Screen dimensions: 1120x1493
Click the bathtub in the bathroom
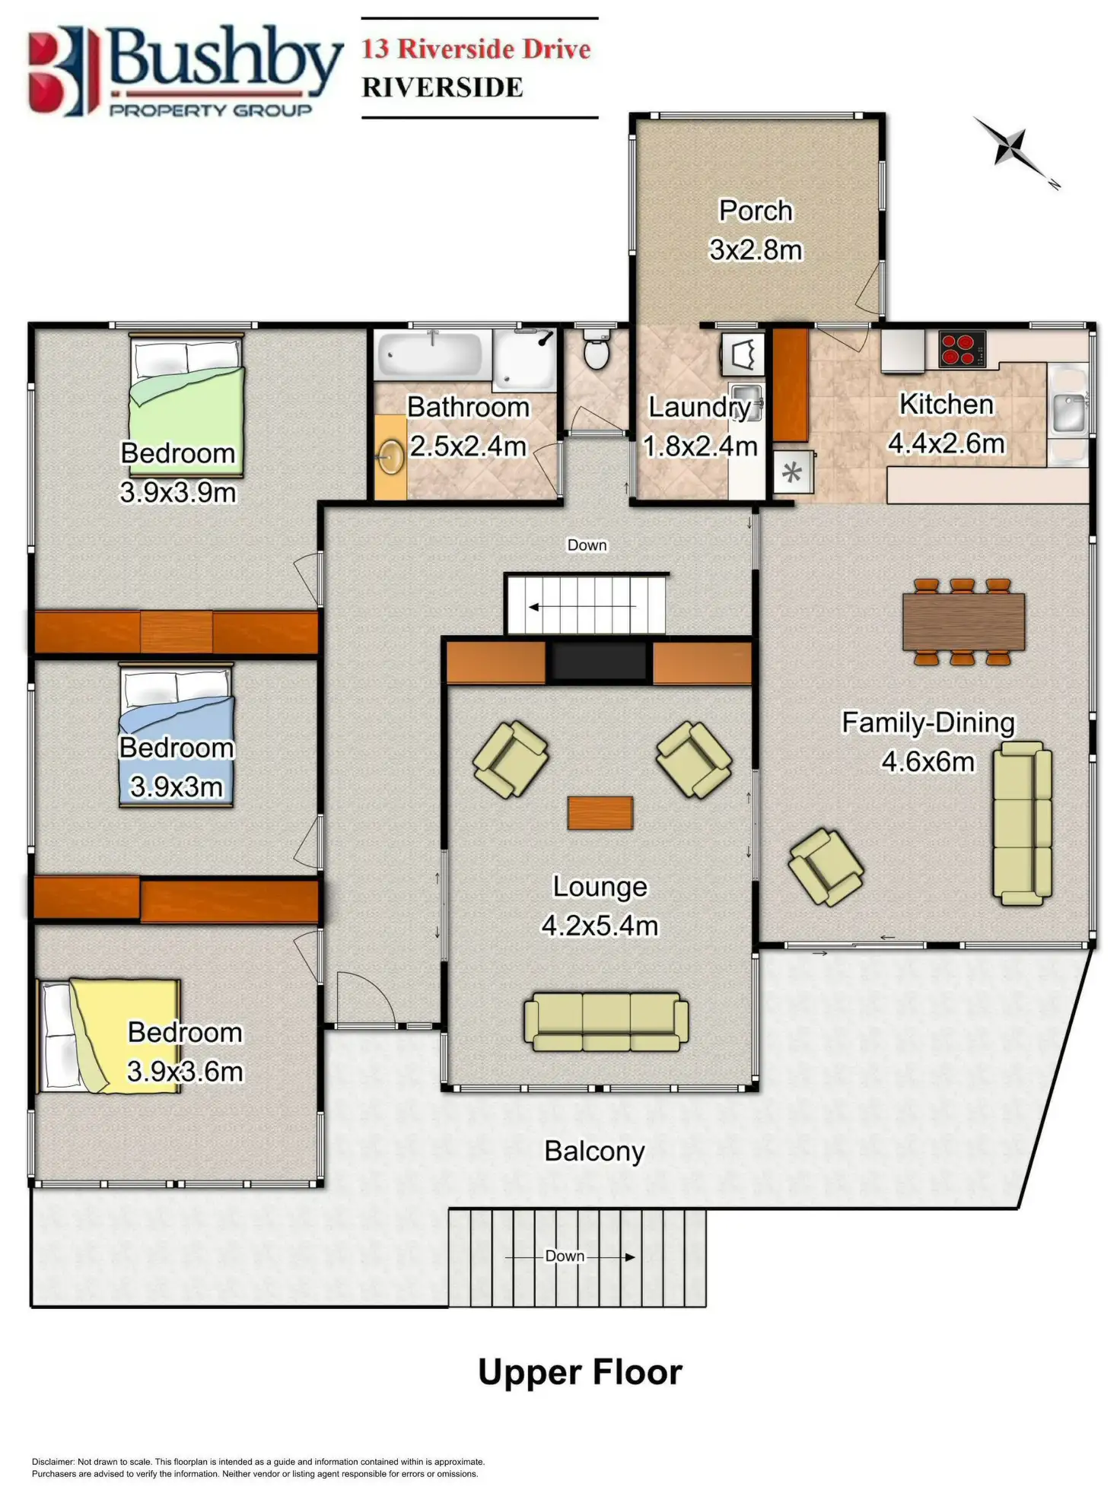431,354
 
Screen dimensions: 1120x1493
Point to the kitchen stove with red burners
962,349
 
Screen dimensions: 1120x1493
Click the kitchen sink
1069,411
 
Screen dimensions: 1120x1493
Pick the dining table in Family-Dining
963,621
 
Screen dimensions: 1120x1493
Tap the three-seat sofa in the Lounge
606,1021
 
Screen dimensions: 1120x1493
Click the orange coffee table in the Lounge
600,812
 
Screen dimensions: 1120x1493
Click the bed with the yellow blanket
110,1036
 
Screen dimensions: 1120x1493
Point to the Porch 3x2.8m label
756,230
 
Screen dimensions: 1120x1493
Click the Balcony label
594,1151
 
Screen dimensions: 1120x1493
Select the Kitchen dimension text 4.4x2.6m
947,443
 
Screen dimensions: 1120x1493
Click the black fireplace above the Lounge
600,661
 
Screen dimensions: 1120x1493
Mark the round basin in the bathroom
392,457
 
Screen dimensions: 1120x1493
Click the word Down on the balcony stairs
565,1256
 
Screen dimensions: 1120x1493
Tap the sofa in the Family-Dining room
1023,823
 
